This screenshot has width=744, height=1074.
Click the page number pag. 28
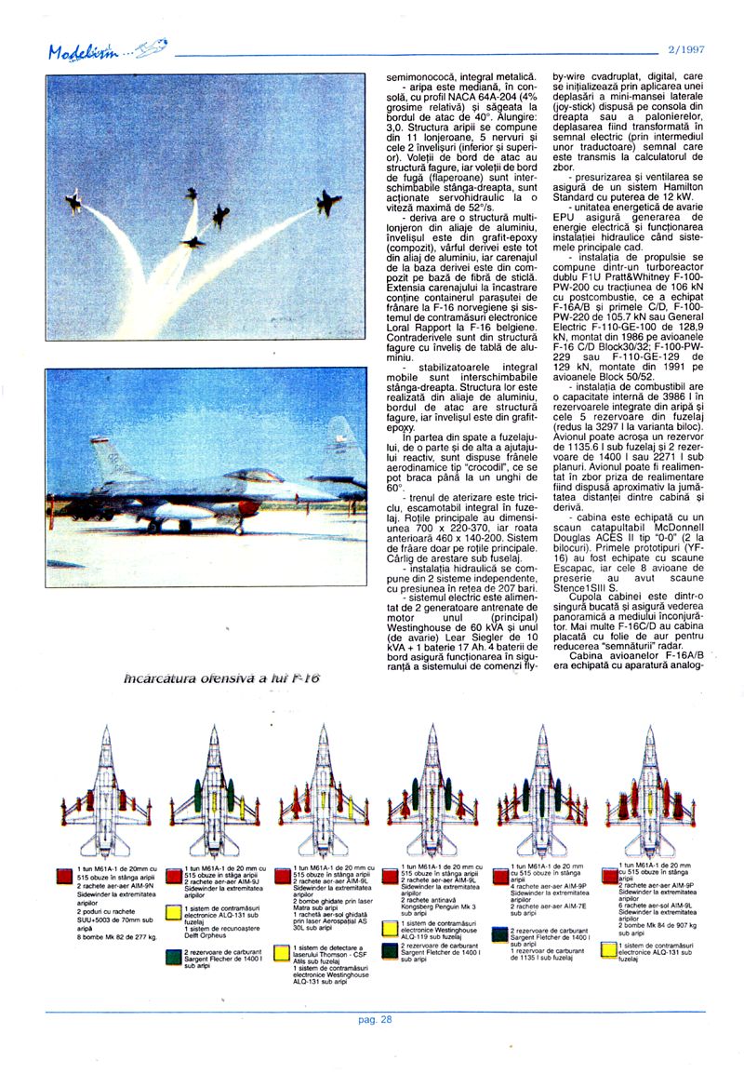(375, 1018)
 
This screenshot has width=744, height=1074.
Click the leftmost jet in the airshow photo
(73, 200)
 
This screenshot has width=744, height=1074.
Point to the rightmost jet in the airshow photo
(327, 201)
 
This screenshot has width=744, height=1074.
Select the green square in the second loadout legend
(172, 955)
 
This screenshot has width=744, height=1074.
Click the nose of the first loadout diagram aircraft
(105, 732)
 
